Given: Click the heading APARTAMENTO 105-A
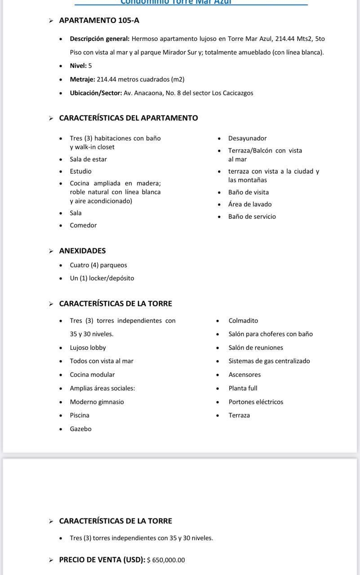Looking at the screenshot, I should pos(99,20).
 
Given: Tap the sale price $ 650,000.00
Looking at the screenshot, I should pos(166,560).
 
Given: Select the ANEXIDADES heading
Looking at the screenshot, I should pos(82,251).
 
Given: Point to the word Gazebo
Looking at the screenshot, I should pos(80,429).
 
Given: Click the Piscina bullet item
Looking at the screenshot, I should pos(80,416).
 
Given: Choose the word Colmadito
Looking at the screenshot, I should pos(243,321).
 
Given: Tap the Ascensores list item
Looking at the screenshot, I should pos(244,375).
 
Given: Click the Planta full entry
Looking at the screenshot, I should pos(243,388).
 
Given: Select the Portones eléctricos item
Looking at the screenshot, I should pos(256,402).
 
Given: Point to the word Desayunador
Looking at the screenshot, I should pos(247,138).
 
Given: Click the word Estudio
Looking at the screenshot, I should pos(80,171).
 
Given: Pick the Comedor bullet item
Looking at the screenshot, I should pos(83,226).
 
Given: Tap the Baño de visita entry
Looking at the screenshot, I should pos(248,192).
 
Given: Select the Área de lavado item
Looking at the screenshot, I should pos(250,204).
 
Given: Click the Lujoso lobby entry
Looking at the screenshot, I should pos(88,348).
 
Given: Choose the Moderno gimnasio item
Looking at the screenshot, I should pos(97,402).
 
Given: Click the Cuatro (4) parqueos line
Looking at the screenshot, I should pos(98,265).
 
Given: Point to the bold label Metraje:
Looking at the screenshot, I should pos(82,80).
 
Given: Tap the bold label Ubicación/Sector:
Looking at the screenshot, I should pos(96,93).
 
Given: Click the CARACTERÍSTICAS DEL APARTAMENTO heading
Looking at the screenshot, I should pos(129,118).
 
